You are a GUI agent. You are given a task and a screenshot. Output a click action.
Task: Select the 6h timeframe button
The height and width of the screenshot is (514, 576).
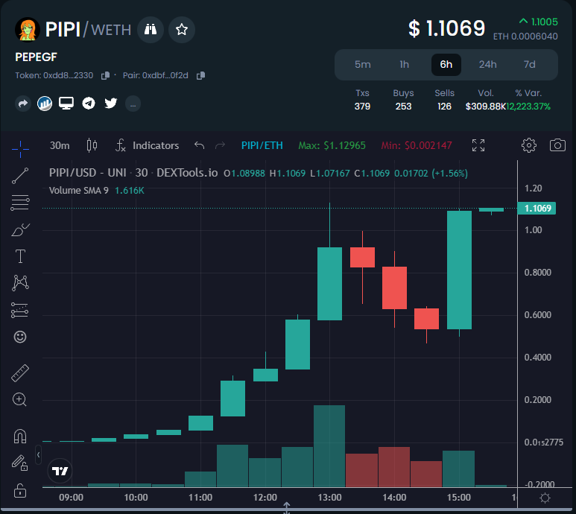446,64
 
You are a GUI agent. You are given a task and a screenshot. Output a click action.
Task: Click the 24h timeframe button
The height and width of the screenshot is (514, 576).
487,64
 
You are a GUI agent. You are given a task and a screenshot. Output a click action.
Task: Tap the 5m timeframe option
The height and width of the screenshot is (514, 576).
362,64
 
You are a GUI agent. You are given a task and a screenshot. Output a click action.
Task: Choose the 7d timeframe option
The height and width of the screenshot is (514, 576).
529,64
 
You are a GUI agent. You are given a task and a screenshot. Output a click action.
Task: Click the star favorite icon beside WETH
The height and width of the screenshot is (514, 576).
182,30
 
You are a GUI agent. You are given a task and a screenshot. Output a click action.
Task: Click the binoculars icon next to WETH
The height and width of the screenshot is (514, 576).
151,30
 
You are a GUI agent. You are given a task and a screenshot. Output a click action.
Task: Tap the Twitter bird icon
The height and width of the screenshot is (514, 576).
111,103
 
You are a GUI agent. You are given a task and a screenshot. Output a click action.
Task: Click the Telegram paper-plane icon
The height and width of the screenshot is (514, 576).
89,103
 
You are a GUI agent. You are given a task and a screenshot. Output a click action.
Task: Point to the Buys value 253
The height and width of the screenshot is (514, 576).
403,107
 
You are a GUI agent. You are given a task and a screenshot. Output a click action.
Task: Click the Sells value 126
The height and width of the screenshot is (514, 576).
444,107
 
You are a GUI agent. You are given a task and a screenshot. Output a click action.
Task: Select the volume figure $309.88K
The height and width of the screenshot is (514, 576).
485,107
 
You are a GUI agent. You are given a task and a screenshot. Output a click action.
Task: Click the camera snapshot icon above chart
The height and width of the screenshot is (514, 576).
557,145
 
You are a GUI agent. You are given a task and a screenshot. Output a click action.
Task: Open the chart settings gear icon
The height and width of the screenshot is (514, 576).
529,145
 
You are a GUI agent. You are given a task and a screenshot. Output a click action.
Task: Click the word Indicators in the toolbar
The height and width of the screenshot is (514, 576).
156,145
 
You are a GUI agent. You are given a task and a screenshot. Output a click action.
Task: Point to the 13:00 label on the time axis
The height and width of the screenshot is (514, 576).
329,497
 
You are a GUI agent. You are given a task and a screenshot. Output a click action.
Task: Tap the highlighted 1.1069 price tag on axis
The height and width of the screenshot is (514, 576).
538,209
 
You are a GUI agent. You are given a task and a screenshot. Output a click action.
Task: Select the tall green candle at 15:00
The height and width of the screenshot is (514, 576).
459,270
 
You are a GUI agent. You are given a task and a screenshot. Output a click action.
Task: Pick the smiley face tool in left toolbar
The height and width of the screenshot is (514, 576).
20,337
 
